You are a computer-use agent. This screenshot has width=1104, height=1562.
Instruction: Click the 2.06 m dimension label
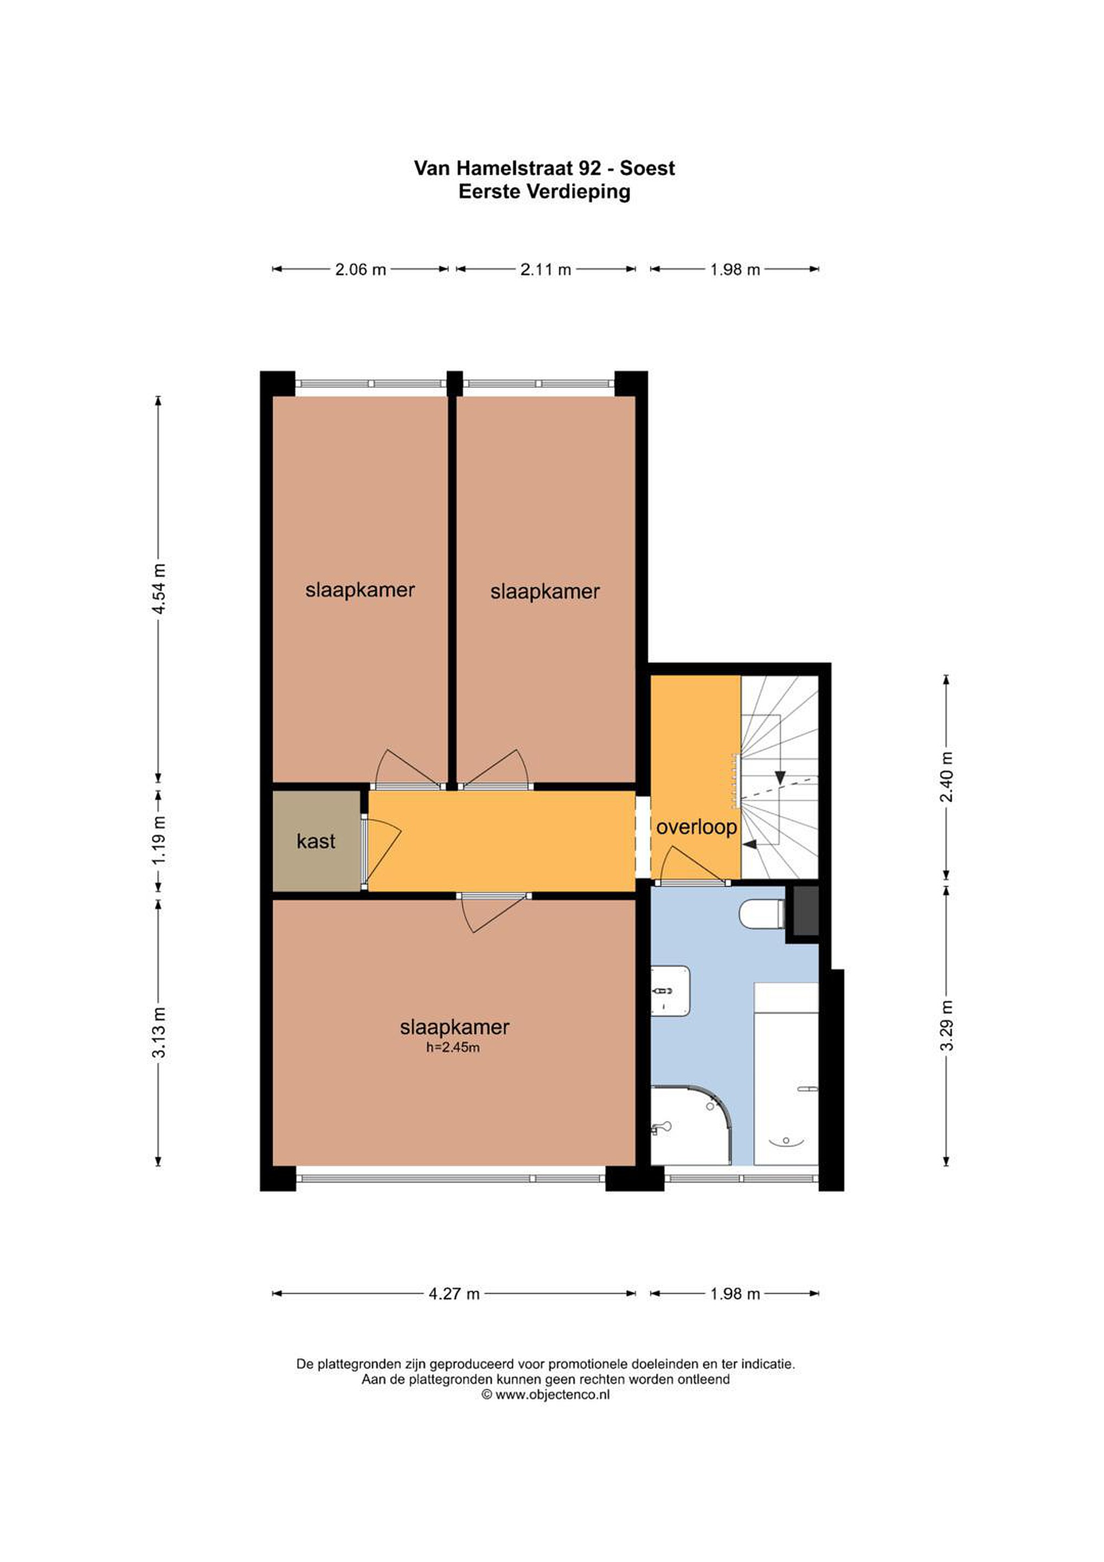tap(361, 270)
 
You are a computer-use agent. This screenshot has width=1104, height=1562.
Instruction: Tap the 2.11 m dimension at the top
tap(545, 270)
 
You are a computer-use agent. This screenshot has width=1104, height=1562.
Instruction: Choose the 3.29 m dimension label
tap(946, 1026)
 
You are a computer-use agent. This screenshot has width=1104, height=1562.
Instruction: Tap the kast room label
tap(316, 842)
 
